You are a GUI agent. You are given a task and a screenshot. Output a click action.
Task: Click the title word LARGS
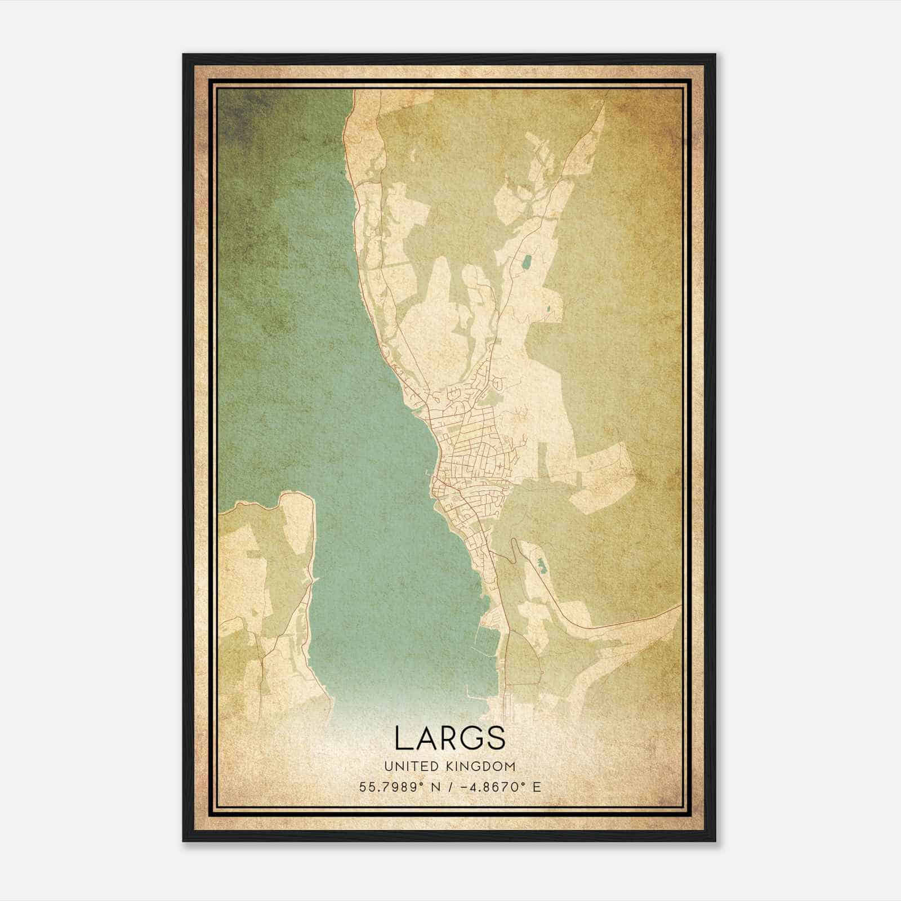pos(450,738)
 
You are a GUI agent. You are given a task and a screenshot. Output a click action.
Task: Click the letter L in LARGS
pos(403,738)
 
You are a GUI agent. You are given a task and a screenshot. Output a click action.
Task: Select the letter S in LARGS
pos(496,738)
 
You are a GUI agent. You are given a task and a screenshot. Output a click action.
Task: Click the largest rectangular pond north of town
pos(527,262)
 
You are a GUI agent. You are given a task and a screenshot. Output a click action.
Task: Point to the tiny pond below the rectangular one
pos(547,309)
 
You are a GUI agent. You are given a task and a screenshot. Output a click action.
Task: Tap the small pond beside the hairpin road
pos(541,565)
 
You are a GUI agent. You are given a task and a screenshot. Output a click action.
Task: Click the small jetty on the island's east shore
pos(314,578)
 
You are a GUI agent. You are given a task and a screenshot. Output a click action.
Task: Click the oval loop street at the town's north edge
pos(497,383)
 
